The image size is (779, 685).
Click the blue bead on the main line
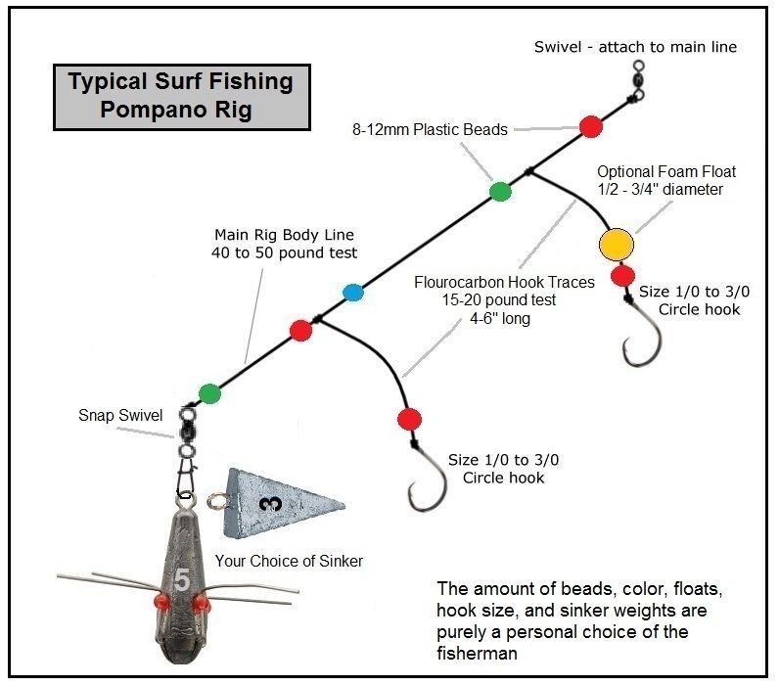point(353,293)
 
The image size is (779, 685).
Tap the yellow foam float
point(616,245)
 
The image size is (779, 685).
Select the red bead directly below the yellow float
point(622,276)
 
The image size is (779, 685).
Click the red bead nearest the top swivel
point(591,126)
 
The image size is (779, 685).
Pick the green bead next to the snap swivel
point(209,393)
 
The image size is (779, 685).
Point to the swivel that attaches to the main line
point(638,80)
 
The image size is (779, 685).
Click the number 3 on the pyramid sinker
point(271,504)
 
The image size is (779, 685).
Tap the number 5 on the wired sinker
point(182,579)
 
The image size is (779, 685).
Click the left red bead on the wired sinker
point(161,602)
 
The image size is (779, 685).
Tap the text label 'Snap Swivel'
point(120,415)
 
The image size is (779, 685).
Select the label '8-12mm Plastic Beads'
point(430,129)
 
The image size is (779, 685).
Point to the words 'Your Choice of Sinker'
point(289,561)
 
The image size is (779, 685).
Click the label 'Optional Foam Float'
point(666,171)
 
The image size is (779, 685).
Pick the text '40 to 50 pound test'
point(284,252)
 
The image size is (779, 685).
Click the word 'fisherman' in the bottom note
point(477,653)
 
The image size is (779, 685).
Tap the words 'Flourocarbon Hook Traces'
point(504,282)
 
